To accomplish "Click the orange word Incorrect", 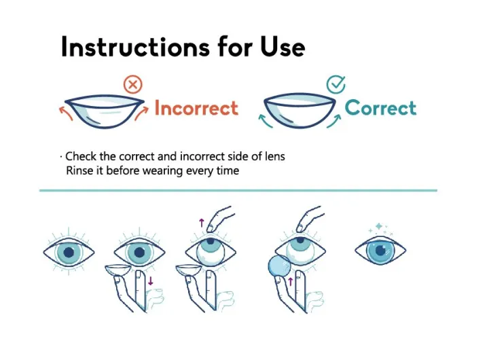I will (x=196, y=108).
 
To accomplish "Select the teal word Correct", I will (x=380, y=107).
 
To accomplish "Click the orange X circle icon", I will (x=133, y=85).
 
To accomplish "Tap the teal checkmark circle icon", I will (x=336, y=85).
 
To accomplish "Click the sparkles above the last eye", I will (x=380, y=229).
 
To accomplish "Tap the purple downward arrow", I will (x=151, y=279).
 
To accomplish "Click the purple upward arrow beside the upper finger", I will (x=201, y=221).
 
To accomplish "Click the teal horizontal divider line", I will (x=238, y=191).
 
